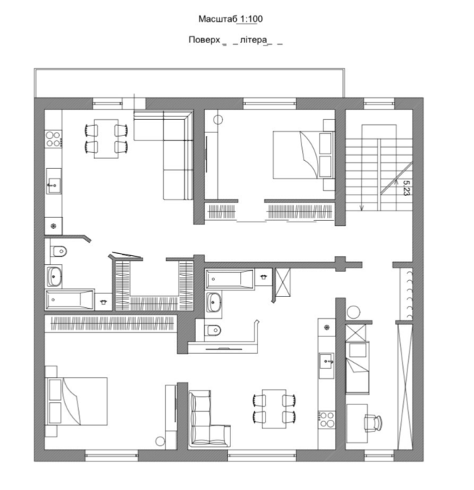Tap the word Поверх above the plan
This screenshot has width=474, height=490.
(204, 40)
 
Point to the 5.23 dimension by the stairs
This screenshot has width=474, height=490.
(406, 188)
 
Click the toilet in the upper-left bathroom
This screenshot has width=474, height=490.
(59, 251)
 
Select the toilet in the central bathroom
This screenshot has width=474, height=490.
(212, 329)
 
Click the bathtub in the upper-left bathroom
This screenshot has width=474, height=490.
(69, 300)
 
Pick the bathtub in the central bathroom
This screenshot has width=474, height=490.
(230, 279)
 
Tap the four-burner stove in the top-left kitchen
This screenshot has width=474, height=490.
(53, 139)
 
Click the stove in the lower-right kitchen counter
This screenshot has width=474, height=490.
(326, 420)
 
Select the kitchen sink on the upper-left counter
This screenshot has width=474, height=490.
(53, 181)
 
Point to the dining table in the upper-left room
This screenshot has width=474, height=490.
(106, 138)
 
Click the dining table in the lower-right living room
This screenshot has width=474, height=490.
(274, 408)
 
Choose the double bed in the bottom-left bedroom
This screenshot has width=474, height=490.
(76, 402)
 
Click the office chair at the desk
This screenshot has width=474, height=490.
(373, 423)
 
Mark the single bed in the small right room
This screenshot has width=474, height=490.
(357, 367)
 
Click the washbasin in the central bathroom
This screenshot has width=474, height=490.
(214, 302)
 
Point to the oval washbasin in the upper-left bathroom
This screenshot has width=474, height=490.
(55, 276)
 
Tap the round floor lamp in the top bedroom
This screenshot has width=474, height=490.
(218, 120)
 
